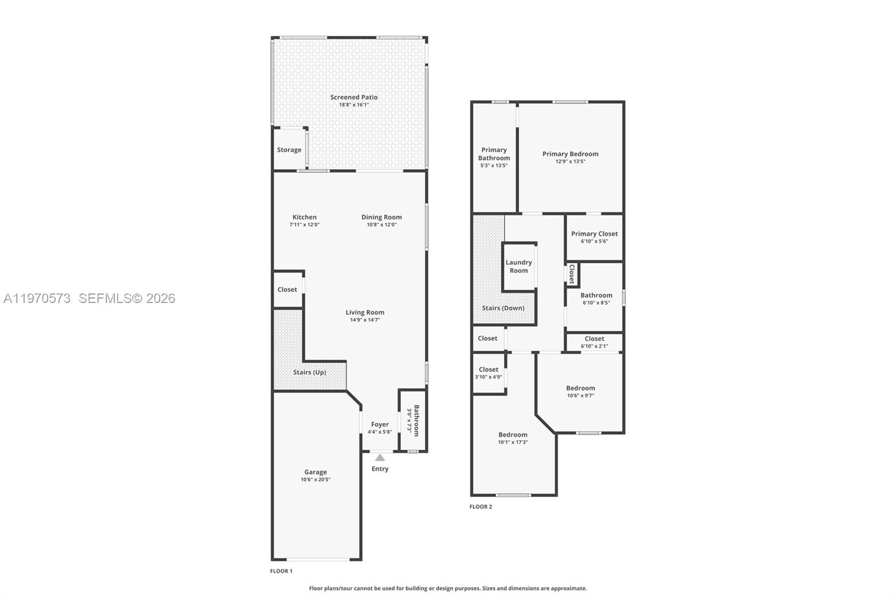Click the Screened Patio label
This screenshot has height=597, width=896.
click(x=353, y=97)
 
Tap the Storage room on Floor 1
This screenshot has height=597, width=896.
click(x=289, y=150)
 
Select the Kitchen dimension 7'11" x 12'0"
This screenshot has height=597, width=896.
click(x=304, y=225)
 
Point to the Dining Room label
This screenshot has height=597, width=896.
click(x=381, y=217)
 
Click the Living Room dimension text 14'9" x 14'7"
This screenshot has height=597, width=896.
click(x=365, y=320)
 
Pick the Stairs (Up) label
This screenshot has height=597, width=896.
click(x=309, y=372)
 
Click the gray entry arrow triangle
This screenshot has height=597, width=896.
click(x=380, y=458)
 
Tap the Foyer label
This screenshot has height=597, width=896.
click(x=380, y=425)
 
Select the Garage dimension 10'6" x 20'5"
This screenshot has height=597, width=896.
click(x=315, y=479)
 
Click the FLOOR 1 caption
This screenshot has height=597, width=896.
click(x=281, y=571)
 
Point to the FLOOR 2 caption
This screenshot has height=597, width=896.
click(x=480, y=506)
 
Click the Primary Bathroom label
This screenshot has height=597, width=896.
click(x=494, y=153)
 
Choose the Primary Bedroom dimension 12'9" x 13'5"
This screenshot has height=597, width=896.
click(x=570, y=161)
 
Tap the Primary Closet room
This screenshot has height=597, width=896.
click(x=594, y=237)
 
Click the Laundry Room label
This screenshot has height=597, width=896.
click(x=519, y=266)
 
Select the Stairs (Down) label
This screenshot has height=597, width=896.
click(x=503, y=307)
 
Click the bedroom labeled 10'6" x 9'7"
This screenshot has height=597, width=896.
click(x=580, y=391)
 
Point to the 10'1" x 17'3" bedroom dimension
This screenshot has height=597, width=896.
click(x=512, y=442)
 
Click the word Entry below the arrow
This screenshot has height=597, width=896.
click(x=380, y=469)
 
